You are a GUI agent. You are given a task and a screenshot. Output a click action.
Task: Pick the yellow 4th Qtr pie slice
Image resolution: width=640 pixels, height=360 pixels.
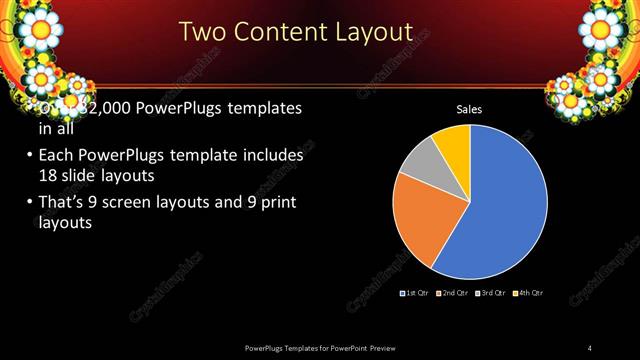[x=453, y=141]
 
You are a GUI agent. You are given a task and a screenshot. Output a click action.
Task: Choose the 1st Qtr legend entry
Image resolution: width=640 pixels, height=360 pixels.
[x=415, y=293]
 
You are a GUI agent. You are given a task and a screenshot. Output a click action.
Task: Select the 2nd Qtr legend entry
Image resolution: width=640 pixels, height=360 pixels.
[x=453, y=293]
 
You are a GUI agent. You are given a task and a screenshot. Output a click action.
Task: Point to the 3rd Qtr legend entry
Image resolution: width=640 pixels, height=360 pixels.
[x=491, y=293]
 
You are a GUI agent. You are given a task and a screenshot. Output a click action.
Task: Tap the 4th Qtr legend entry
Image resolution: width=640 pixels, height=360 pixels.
[x=528, y=293]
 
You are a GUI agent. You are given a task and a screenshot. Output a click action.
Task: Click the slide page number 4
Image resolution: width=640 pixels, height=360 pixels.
[x=591, y=347]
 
